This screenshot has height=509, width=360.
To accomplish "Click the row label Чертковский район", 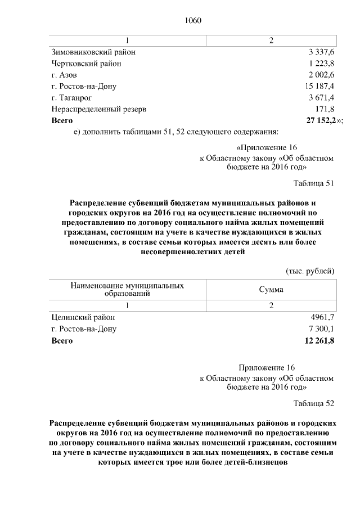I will pos(86,64).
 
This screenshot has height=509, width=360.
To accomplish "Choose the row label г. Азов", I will pos(64,75).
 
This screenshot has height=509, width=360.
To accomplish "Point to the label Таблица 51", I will pos(314,183).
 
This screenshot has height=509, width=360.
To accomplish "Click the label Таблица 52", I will pos(314,403).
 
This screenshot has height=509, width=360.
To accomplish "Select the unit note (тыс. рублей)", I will pos(310,270).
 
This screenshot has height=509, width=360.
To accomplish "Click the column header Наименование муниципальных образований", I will pos(127,289).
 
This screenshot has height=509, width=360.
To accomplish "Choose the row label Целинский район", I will pos(82,318).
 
